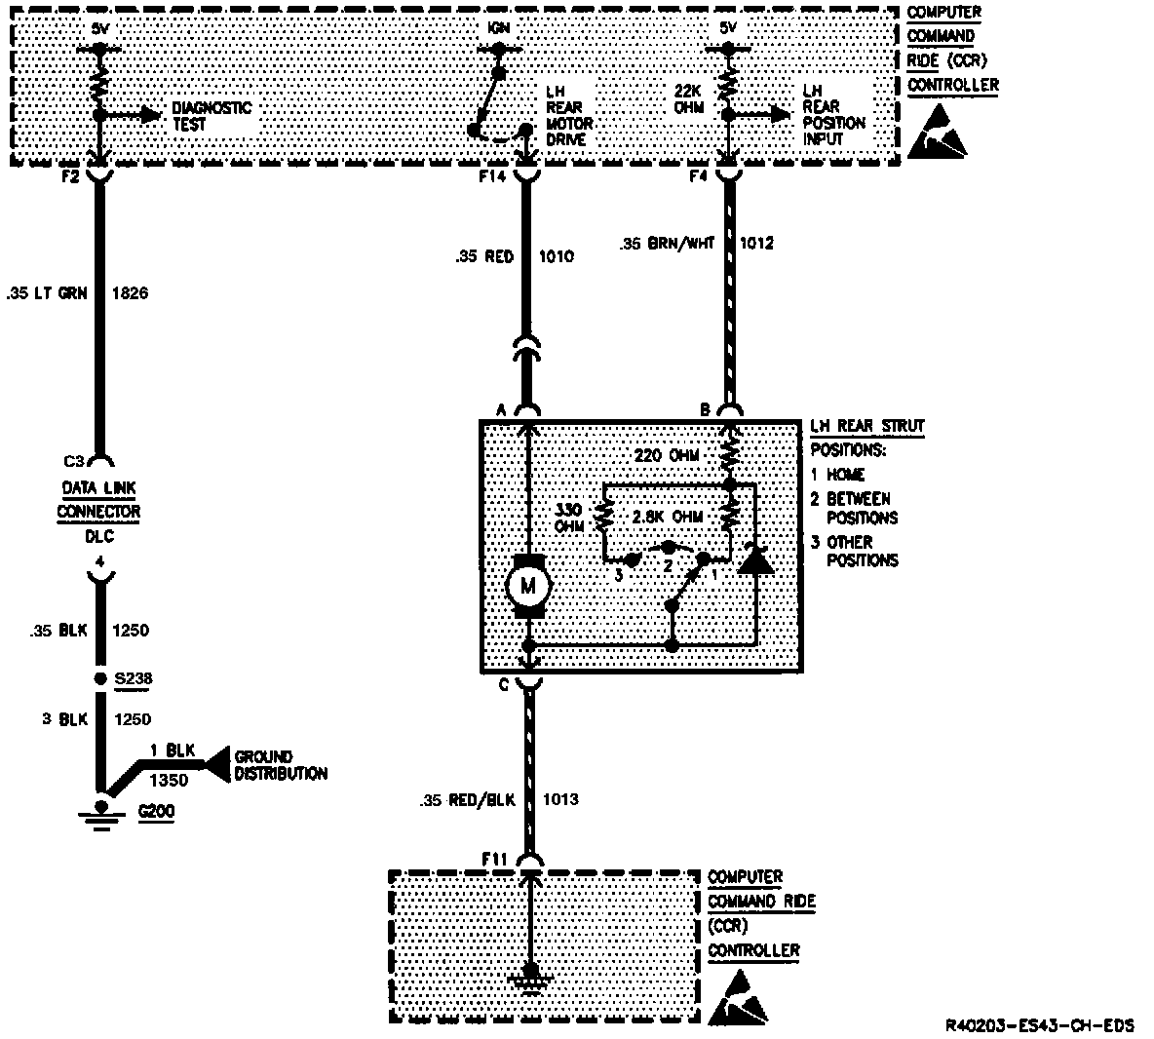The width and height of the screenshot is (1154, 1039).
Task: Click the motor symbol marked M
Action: [528, 586]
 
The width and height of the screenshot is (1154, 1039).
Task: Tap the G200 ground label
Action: [156, 810]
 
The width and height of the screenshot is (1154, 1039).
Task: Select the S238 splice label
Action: [135, 678]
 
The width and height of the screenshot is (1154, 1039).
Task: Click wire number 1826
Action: [130, 291]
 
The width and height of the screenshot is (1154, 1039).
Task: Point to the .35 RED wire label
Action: [485, 257]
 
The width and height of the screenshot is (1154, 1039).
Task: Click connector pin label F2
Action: [68, 177]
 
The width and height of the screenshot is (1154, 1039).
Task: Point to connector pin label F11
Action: [496, 857]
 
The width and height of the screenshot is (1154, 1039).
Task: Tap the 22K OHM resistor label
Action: [688, 98]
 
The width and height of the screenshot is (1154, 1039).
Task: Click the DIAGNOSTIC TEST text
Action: [212, 116]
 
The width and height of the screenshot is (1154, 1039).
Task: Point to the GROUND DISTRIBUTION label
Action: [282, 765]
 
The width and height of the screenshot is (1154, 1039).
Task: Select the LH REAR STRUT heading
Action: [866, 426]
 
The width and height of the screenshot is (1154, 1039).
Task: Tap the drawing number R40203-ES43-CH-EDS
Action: [1039, 1025]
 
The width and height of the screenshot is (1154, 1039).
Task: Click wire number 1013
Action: [560, 800]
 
